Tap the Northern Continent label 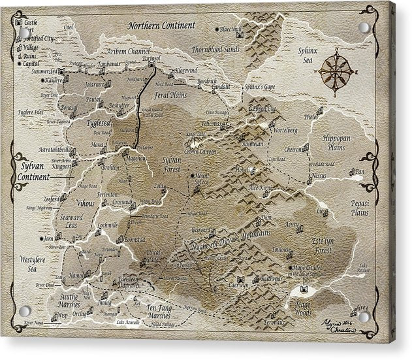(161, 25)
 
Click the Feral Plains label (170, 95)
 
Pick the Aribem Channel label (129, 51)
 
